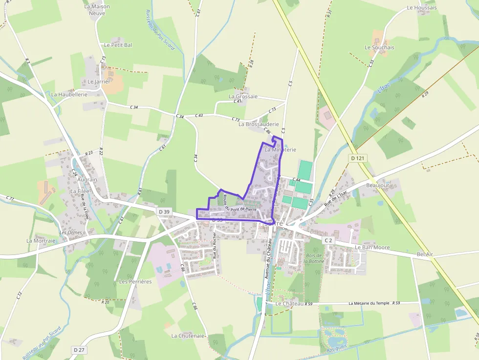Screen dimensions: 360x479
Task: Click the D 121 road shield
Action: (358, 158)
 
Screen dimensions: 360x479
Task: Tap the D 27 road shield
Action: (79, 350)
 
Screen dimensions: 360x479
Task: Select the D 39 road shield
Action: (165, 211)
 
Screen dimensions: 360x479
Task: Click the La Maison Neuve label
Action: (97, 10)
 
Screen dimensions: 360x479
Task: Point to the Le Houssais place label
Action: (422, 8)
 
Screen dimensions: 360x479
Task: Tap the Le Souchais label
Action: (379, 47)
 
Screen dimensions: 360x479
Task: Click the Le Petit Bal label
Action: (118, 45)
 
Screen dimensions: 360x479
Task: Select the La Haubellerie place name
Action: (69, 94)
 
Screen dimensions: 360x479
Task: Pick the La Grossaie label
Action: (243, 96)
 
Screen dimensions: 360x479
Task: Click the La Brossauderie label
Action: (259, 124)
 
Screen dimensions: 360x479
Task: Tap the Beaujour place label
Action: (378, 186)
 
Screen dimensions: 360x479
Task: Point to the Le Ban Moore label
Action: (372, 247)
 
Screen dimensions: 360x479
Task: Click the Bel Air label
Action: (425, 254)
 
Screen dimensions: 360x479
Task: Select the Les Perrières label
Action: (135, 281)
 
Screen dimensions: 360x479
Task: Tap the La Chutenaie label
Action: (188, 336)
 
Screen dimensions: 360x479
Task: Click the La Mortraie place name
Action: (42, 241)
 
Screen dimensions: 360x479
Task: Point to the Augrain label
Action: (87, 180)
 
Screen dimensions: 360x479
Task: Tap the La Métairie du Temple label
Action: (369, 303)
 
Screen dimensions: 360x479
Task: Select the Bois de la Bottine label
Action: (313, 258)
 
